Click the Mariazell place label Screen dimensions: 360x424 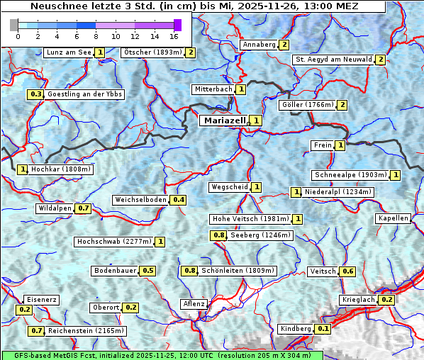click(x=224, y=120)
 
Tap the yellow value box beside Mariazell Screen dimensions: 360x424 click(x=256, y=120)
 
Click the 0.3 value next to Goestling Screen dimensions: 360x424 click(x=35, y=94)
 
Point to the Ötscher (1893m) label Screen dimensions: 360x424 click(x=152, y=52)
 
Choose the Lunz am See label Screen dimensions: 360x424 click(x=68, y=52)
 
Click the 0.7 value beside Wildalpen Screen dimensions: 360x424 click(x=84, y=208)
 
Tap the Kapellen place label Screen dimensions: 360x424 click(x=394, y=218)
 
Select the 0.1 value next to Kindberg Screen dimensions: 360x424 click(x=323, y=329)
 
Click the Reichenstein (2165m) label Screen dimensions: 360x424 click(x=87, y=331)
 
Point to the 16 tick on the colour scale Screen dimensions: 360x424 click(x=174, y=35)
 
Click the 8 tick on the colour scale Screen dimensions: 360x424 click(x=96, y=35)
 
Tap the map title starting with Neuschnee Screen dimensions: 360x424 click(x=194, y=6)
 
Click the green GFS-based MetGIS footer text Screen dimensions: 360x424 click(x=162, y=355)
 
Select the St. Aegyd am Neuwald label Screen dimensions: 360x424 click(x=333, y=60)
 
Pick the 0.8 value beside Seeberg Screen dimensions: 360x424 click(x=219, y=235)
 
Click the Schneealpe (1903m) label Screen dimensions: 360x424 click(x=350, y=175)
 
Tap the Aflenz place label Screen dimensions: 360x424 click(x=194, y=304)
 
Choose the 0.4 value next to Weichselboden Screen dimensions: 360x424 click(x=179, y=200)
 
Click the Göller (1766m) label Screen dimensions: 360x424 click(x=307, y=105)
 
